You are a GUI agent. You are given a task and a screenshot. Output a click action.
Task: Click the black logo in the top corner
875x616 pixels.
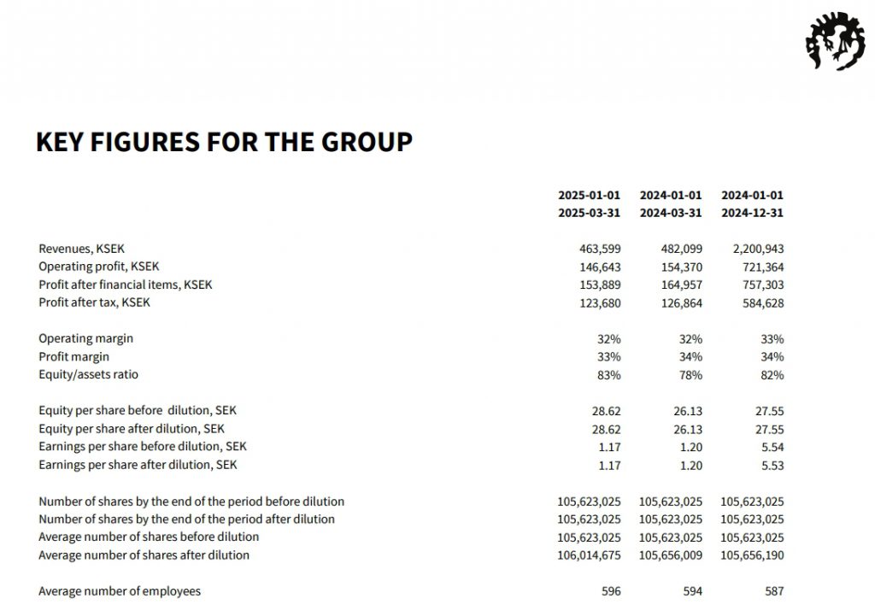coord(835,43)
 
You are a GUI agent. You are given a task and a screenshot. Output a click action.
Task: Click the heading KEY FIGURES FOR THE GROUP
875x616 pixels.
coord(224,142)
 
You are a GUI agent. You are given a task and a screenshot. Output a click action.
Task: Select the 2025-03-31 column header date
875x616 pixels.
coord(589,213)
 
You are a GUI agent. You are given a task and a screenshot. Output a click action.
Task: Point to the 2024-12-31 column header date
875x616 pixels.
coord(752,213)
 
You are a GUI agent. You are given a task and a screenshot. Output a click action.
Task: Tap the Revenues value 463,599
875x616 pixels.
coord(600,249)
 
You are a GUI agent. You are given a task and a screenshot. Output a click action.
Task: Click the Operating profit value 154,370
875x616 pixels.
coord(681,267)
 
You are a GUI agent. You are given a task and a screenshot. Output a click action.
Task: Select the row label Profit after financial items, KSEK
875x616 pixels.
coord(125,285)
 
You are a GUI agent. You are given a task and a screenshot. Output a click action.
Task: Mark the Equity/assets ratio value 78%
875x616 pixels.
coord(690,374)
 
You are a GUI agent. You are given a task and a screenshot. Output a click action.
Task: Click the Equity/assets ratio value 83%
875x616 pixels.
coord(608,374)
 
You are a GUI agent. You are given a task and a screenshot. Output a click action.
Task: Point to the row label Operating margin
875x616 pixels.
coord(85,338)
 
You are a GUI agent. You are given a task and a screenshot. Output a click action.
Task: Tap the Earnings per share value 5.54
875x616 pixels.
coord(772,447)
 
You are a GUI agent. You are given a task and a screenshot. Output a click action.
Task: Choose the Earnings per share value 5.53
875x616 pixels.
coord(772,465)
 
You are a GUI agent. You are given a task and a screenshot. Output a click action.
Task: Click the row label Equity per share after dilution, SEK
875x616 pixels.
coord(132,429)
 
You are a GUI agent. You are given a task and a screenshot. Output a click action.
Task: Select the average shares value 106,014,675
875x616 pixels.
coord(589,555)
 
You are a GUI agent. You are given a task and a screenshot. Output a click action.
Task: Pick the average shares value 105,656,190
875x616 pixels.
coord(752,555)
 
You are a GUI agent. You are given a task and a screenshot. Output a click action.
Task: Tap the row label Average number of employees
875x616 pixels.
coord(120,591)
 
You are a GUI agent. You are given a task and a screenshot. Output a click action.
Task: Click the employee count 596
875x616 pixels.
coord(610,591)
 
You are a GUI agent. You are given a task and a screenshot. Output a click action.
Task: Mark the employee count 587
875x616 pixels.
coord(773,591)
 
